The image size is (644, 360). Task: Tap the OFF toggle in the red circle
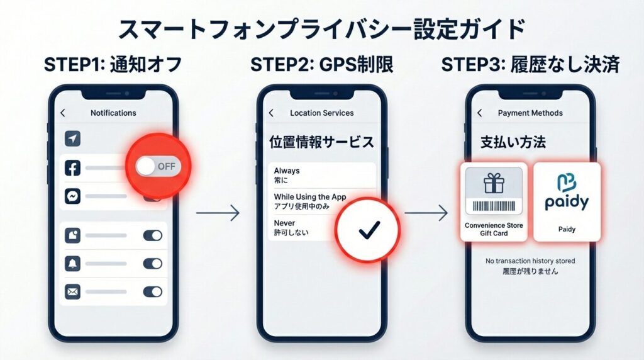[x=158, y=166]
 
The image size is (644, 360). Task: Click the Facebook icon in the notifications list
[x=72, y=168]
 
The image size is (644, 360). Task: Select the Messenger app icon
[x=72, y=196]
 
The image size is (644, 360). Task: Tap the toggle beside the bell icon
[x=152, y=263]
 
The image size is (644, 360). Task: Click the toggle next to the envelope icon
[x=152, y=291]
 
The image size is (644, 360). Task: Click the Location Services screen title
[x=321, y=113]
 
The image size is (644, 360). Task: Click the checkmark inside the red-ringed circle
[x=367, y=230]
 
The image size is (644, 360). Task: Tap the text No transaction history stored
[x=530, y=261]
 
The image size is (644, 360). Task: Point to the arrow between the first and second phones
[x=218, y=213]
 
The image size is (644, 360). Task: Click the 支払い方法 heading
[x=513, y=142]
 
